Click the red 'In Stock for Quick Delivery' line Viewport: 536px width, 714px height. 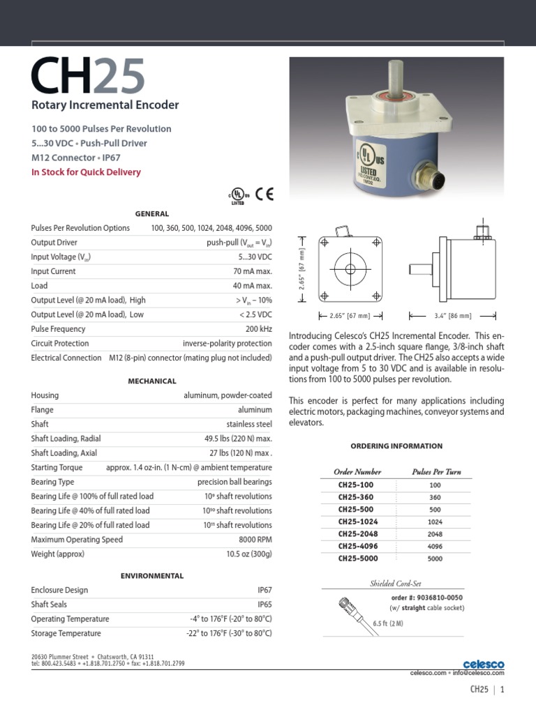point(86,172)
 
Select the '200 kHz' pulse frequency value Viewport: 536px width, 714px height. point(258,328)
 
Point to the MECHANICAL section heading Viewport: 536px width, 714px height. point(151,381)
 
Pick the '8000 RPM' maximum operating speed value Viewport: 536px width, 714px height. point(255,540)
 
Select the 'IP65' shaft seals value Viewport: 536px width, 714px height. point(265,605)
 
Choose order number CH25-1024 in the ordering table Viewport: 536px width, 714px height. point(357,521)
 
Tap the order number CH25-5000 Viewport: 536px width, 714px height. point(357,559)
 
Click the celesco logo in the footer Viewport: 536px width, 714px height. point(483,664)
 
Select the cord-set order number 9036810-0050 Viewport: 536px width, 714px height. point(436,598)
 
